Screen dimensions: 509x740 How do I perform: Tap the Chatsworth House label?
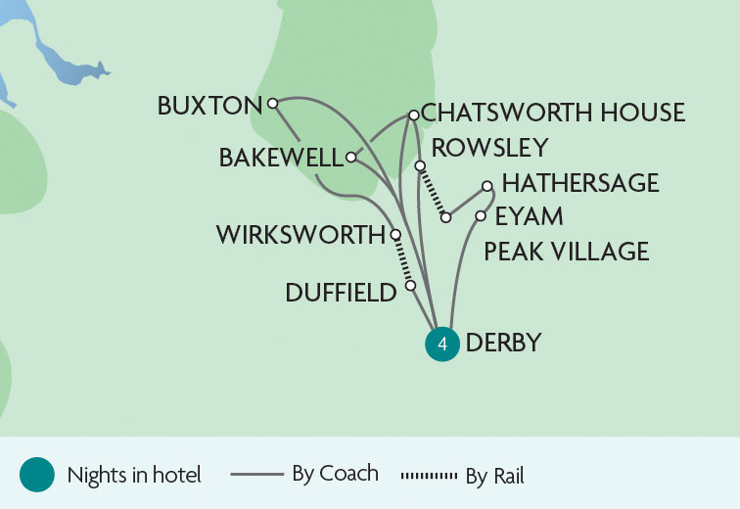(553, 114)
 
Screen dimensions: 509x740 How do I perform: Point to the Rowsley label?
(489, 147)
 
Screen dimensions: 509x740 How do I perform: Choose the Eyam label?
(529, 216)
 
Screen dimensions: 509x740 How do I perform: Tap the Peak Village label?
(567, 252)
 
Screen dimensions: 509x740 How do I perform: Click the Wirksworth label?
(301, 236)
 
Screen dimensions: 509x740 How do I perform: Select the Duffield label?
(342, 292)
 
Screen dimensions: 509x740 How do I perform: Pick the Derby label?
(504, 344)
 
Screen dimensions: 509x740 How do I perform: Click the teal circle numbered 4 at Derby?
(442, 345)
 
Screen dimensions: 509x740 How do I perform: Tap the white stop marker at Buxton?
(273, 102)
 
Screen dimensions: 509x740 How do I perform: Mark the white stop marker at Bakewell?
(350, 157)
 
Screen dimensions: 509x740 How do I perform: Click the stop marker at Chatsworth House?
(413, 116)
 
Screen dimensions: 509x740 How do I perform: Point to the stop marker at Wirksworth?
(395, 235)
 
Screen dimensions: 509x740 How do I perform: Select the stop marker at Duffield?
(411, 286)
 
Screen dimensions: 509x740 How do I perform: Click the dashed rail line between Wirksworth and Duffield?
(403, 260)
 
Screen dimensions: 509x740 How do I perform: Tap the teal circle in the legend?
(36, 476)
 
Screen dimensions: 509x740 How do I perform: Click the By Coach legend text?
(335, 474)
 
